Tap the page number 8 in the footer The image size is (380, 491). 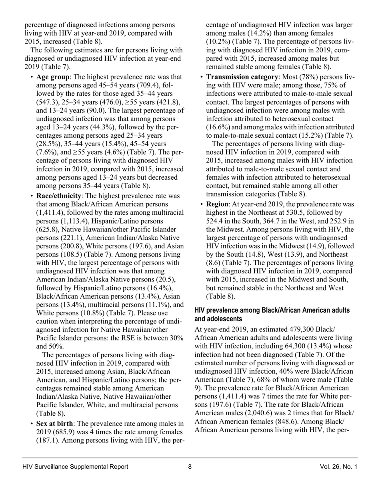(x=190, y=467)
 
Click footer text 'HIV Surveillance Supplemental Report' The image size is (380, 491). (x=76, y=467)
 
